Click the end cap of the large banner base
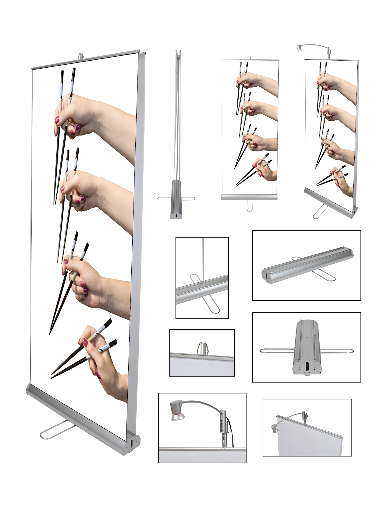click(132, 444)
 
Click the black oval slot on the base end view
click(307, 366)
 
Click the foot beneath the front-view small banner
click(250, 205)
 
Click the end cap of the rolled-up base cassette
click(266, 273)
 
